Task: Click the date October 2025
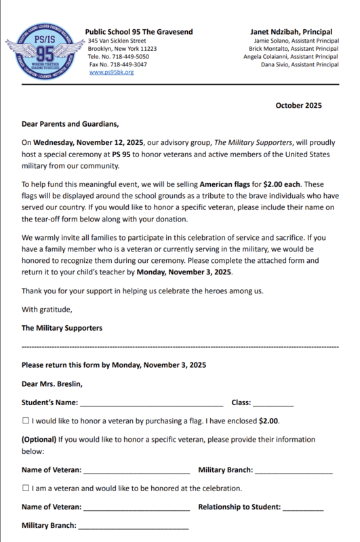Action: (298, 105)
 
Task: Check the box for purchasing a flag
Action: (25, 421)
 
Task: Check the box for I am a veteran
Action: (25, 488)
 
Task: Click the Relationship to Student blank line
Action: (303, 508)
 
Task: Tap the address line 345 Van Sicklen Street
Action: (117, 41)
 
